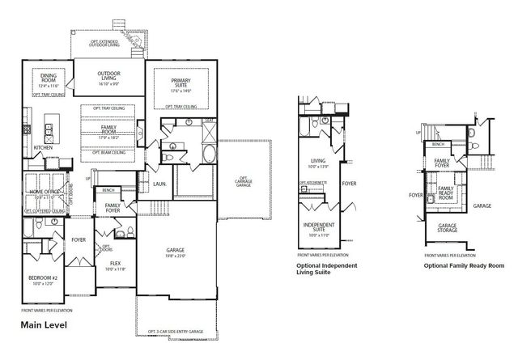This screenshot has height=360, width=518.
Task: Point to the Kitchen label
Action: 44,147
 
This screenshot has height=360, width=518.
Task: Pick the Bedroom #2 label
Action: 41,278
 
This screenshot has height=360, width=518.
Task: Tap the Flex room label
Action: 117,263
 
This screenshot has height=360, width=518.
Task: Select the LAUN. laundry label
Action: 159,184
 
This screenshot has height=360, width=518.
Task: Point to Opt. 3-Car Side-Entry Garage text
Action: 176,332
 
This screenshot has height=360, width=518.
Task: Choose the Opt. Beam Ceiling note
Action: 109,152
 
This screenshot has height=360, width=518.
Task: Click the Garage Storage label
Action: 448,227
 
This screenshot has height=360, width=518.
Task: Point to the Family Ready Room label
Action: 445,193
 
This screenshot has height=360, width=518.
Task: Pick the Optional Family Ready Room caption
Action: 464,265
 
